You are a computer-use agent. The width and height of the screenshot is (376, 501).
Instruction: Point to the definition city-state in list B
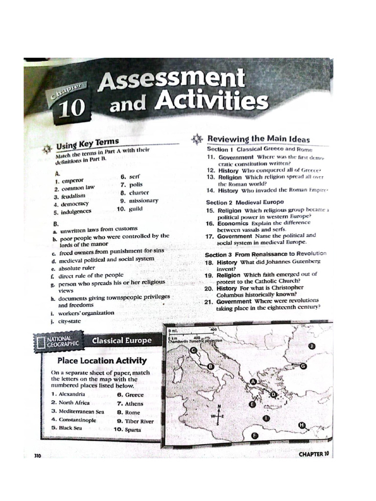point(70,321)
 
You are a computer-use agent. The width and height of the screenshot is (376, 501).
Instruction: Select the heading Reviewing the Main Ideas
point(258,139)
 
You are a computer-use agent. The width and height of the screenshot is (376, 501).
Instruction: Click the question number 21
point(210,301)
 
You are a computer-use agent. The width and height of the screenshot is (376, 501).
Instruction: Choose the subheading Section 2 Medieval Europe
point(245,202)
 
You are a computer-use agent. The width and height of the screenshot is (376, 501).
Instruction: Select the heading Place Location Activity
point(102,361)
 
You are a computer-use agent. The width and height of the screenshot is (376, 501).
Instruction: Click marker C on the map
point(194,349)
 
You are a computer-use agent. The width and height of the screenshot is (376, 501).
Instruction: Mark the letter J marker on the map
point(312,346)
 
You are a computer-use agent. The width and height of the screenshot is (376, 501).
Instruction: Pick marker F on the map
point(254,435)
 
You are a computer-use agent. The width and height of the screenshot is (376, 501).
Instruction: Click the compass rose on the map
point(219,415)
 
